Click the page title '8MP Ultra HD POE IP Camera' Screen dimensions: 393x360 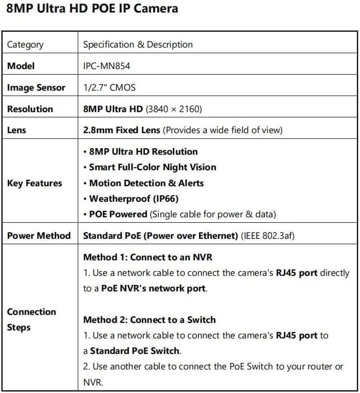(92, 9)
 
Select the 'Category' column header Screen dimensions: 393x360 (25, 45)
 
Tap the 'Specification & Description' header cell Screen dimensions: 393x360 (138, 45)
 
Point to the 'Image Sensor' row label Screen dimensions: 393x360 (36, 88)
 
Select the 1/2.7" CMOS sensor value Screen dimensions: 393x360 (109, 88)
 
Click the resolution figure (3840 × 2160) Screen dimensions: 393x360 (174, 109)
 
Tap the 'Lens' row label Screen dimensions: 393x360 (17, 130)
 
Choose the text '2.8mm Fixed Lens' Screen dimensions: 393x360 (122, 130)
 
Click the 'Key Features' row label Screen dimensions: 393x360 (35, 183)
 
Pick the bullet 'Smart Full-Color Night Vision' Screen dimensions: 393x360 (152, 167)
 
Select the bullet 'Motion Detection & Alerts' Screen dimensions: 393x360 (146, 183)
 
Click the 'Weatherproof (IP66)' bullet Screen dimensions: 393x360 (134, 199)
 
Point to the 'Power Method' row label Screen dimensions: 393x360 (39, 235)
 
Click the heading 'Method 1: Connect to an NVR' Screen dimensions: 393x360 (148, 257)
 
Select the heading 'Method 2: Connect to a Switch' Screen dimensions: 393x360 (149, 320)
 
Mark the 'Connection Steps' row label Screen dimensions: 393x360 (32, 319)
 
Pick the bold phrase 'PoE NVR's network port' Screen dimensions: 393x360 (153, 288)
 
